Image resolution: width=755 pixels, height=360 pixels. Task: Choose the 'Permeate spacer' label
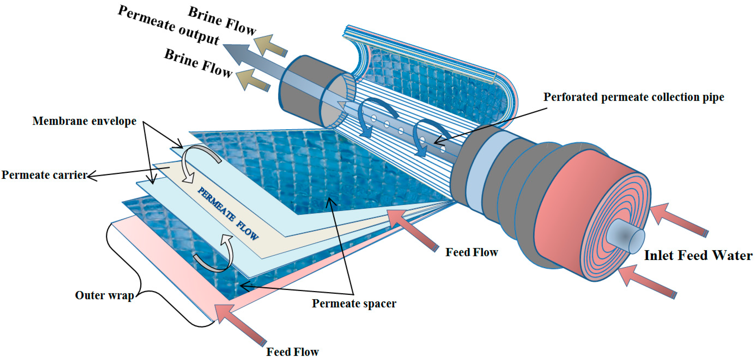[354, 303]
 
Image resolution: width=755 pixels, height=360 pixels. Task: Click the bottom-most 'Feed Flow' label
[292, 351]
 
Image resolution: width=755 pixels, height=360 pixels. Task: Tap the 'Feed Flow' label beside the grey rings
[472, 252]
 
